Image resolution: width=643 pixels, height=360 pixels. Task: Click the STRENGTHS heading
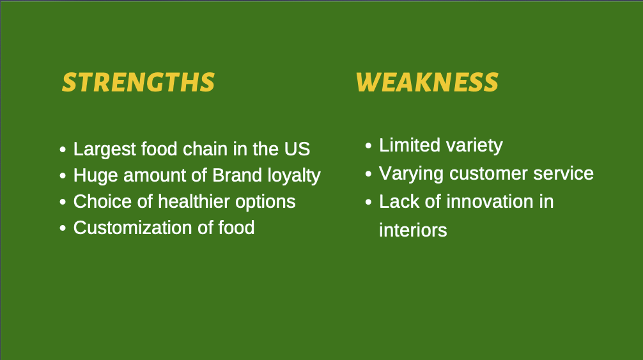138,82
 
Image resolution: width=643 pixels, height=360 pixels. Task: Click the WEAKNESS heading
428,82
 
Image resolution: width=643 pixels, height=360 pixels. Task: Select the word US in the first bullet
297,149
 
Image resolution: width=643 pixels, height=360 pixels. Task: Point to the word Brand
237,175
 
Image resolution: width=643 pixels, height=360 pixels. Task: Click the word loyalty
294,176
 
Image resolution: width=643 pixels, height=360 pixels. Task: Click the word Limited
410,145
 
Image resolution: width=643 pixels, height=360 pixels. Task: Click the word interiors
413,230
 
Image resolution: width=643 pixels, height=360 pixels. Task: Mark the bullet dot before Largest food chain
63,149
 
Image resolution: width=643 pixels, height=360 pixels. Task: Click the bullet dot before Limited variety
368,146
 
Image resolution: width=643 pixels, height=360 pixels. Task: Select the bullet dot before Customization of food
63,228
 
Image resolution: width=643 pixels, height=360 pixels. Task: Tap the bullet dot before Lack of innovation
368,202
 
